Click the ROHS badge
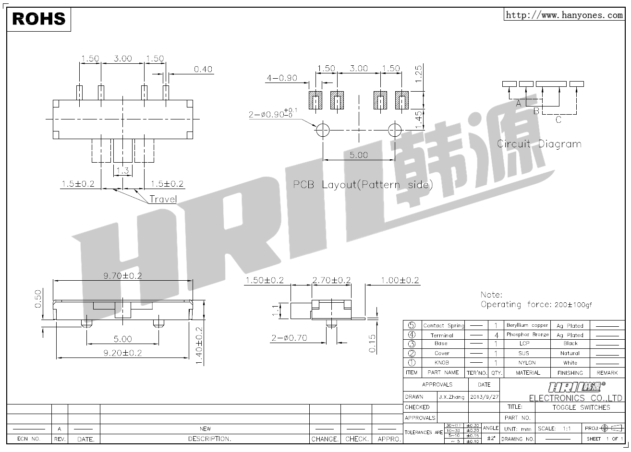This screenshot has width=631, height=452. click(38, 19)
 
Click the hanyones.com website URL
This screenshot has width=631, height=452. click(564, 15)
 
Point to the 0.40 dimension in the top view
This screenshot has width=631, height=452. click(203, 70)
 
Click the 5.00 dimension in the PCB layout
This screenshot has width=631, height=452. click(358, 155)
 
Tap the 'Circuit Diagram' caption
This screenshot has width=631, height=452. click(539, 143)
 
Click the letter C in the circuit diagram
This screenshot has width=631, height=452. click(558, 119)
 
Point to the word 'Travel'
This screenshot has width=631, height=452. click(163, 199)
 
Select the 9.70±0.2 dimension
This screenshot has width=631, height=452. click(123, 275)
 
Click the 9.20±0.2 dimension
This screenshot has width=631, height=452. click(122, 353)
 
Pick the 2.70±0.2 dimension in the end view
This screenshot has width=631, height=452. click(331, 280)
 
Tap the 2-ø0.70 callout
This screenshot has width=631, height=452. click(289, 338)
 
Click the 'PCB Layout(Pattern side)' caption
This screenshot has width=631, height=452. click(363, 185)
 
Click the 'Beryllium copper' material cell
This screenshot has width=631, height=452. click(527, 325)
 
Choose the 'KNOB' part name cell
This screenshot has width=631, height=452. click(441, 363)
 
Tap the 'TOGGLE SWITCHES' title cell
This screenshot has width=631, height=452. click(581, 407)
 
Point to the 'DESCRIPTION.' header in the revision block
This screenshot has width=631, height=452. click(209, 439)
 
